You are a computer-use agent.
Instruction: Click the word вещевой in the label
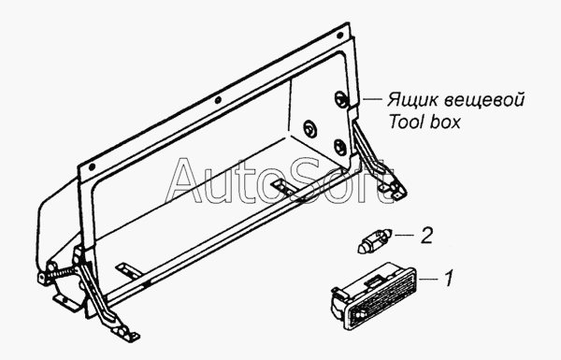tap(484, 100)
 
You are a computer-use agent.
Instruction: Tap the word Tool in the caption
tap(406, 122)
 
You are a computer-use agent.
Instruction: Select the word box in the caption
tap(445, 122)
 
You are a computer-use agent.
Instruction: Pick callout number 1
tap(448, 278)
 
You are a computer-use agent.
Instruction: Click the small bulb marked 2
tap(375, 241)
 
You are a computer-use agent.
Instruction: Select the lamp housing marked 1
tap(374, 295)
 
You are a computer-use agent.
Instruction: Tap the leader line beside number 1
tap(428, 278)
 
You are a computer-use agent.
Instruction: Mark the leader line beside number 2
tap(404, 235)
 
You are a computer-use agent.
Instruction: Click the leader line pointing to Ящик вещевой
tap(372, 98)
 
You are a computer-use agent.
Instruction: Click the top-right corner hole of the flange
tap(339, 36)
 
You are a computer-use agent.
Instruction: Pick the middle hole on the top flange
tap(218, 100)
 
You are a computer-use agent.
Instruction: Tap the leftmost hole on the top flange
tap(92, 166)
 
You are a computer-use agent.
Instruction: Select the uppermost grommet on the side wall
tap(340, 99)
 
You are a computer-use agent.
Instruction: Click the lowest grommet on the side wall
tap(339, 147)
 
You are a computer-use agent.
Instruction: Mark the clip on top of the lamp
tap(373, 281)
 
